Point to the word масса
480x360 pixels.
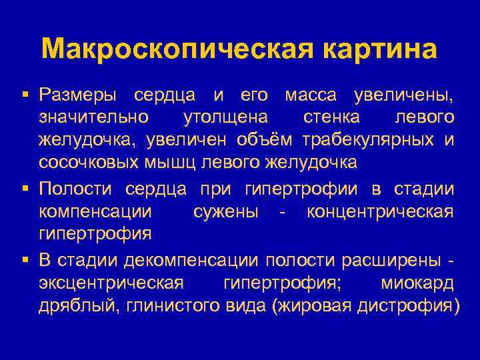click(311, 95)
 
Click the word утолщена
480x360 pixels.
click(224, 118)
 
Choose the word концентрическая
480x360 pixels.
click(380, 212)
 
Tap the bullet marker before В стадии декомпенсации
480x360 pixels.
click(25, 259)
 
